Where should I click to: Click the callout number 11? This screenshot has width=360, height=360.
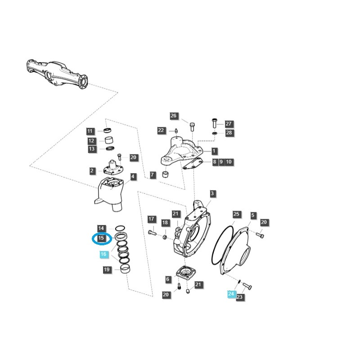click(x=90, y=131)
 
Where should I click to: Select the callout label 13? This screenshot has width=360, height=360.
click(x=91, y=149)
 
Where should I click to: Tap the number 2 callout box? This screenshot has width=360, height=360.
click(x=92, y=171)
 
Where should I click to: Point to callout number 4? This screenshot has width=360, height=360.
click(x=133, y=177)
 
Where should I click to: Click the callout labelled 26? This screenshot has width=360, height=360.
click(x=174, y=116)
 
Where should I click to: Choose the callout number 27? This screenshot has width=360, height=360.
click(x=229, y=124)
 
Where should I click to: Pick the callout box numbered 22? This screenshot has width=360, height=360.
click(x=161, y=130)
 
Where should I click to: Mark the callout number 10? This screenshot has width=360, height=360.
click(x=229, y=162)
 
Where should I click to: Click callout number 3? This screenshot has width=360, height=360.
click(x=212, y=194)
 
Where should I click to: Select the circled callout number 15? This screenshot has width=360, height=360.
click(x=101, y=238)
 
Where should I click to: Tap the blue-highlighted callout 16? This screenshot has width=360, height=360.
click(x=103, y=255)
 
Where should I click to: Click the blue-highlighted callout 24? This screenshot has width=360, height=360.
click(x=231, y=294)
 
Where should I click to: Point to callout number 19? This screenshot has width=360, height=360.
click(x=107, y=270)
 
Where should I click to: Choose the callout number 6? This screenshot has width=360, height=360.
click(x=168, y=279)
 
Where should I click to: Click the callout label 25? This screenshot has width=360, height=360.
click(x=236, y=214)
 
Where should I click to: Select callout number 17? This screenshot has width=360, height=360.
click(x=152, y=219)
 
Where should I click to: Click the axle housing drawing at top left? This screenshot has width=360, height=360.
click(x=57, y=72)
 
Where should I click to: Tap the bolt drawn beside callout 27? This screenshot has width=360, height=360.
click(x=215, y=122)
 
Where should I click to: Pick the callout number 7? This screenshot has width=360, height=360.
click(x=153, y=175)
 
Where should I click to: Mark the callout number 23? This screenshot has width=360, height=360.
click(x=239, y=297)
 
